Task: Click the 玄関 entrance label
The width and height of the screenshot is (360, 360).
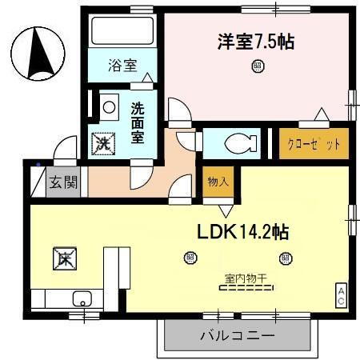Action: [64, 182]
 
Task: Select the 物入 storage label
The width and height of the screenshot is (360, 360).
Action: [218, 182]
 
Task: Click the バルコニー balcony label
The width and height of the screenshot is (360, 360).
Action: [237, 334]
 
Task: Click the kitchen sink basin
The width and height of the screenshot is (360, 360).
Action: [81, 299]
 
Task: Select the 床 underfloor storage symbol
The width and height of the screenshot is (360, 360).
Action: [64, 258]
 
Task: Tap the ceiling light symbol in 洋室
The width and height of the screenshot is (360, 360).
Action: [257, 67]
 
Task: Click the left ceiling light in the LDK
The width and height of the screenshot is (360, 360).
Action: [190, 258]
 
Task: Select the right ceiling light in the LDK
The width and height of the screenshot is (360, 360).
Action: [283, 258]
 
